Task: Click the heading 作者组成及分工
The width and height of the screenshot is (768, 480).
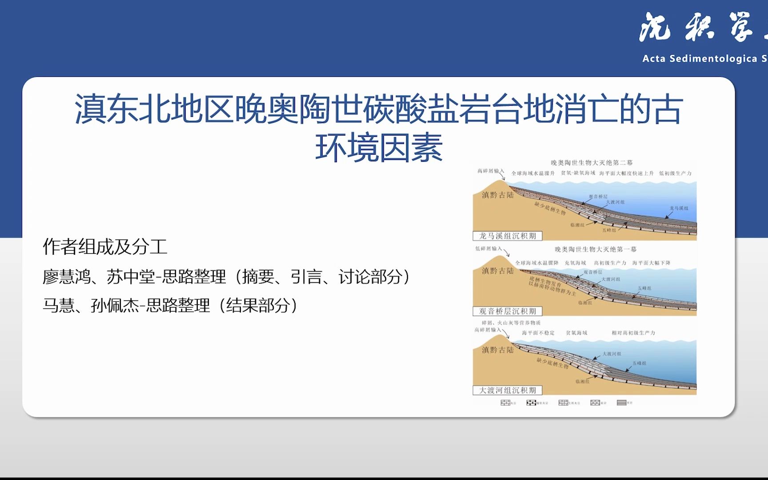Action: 105,247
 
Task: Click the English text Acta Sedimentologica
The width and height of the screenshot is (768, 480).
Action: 700,59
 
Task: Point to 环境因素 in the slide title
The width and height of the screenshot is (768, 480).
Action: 379,148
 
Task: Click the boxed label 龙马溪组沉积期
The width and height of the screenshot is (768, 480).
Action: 507,236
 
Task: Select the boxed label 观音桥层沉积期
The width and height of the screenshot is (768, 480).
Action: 507,312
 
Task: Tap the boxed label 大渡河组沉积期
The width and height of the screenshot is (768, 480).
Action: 507,391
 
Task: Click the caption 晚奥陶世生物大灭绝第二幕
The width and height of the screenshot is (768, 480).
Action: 592,163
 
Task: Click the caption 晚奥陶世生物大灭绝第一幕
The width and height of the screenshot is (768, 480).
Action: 595,249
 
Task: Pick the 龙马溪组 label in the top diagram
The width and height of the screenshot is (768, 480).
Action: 679,208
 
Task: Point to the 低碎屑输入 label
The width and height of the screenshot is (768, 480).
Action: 488,248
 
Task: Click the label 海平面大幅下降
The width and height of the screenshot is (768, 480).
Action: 651,263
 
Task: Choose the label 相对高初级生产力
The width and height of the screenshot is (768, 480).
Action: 633,333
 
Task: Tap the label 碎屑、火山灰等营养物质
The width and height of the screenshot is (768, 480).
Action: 511,323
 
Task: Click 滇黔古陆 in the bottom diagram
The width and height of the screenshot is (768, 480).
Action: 497,350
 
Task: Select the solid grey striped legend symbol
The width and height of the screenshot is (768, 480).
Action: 621,403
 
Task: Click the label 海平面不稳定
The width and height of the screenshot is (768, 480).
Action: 538,333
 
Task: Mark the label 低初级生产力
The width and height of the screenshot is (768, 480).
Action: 675,173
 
